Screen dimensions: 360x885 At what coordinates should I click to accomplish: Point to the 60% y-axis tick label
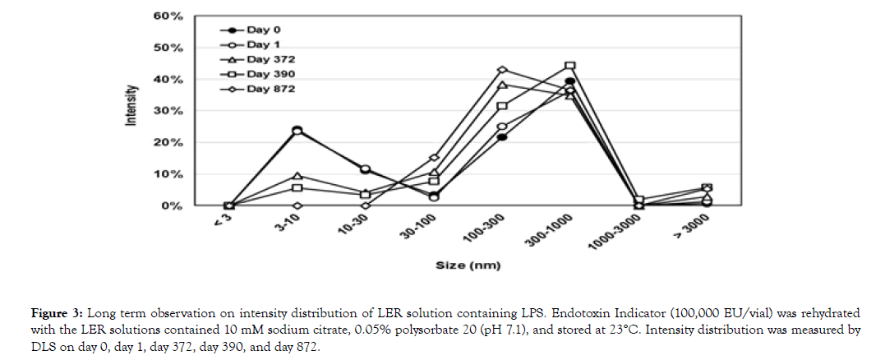click(x=170, y=16)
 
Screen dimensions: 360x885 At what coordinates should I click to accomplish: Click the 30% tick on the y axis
click(x=170, y=111)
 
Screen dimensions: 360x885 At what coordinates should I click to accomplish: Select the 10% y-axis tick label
click(x=170, y=174)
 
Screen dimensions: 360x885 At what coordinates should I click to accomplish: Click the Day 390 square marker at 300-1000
click(x=569, y=66)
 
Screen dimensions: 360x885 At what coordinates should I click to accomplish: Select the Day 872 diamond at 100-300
click(x=502, y=70)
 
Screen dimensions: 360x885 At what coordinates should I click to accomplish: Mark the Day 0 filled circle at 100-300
click(x=502, y=136)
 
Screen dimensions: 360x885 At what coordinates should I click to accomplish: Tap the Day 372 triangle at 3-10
click(x=297, y=176)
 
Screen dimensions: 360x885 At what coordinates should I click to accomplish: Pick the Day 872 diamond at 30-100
click(x=434, y=158)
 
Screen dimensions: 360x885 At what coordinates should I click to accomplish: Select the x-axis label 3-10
click(x=287, y=223)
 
